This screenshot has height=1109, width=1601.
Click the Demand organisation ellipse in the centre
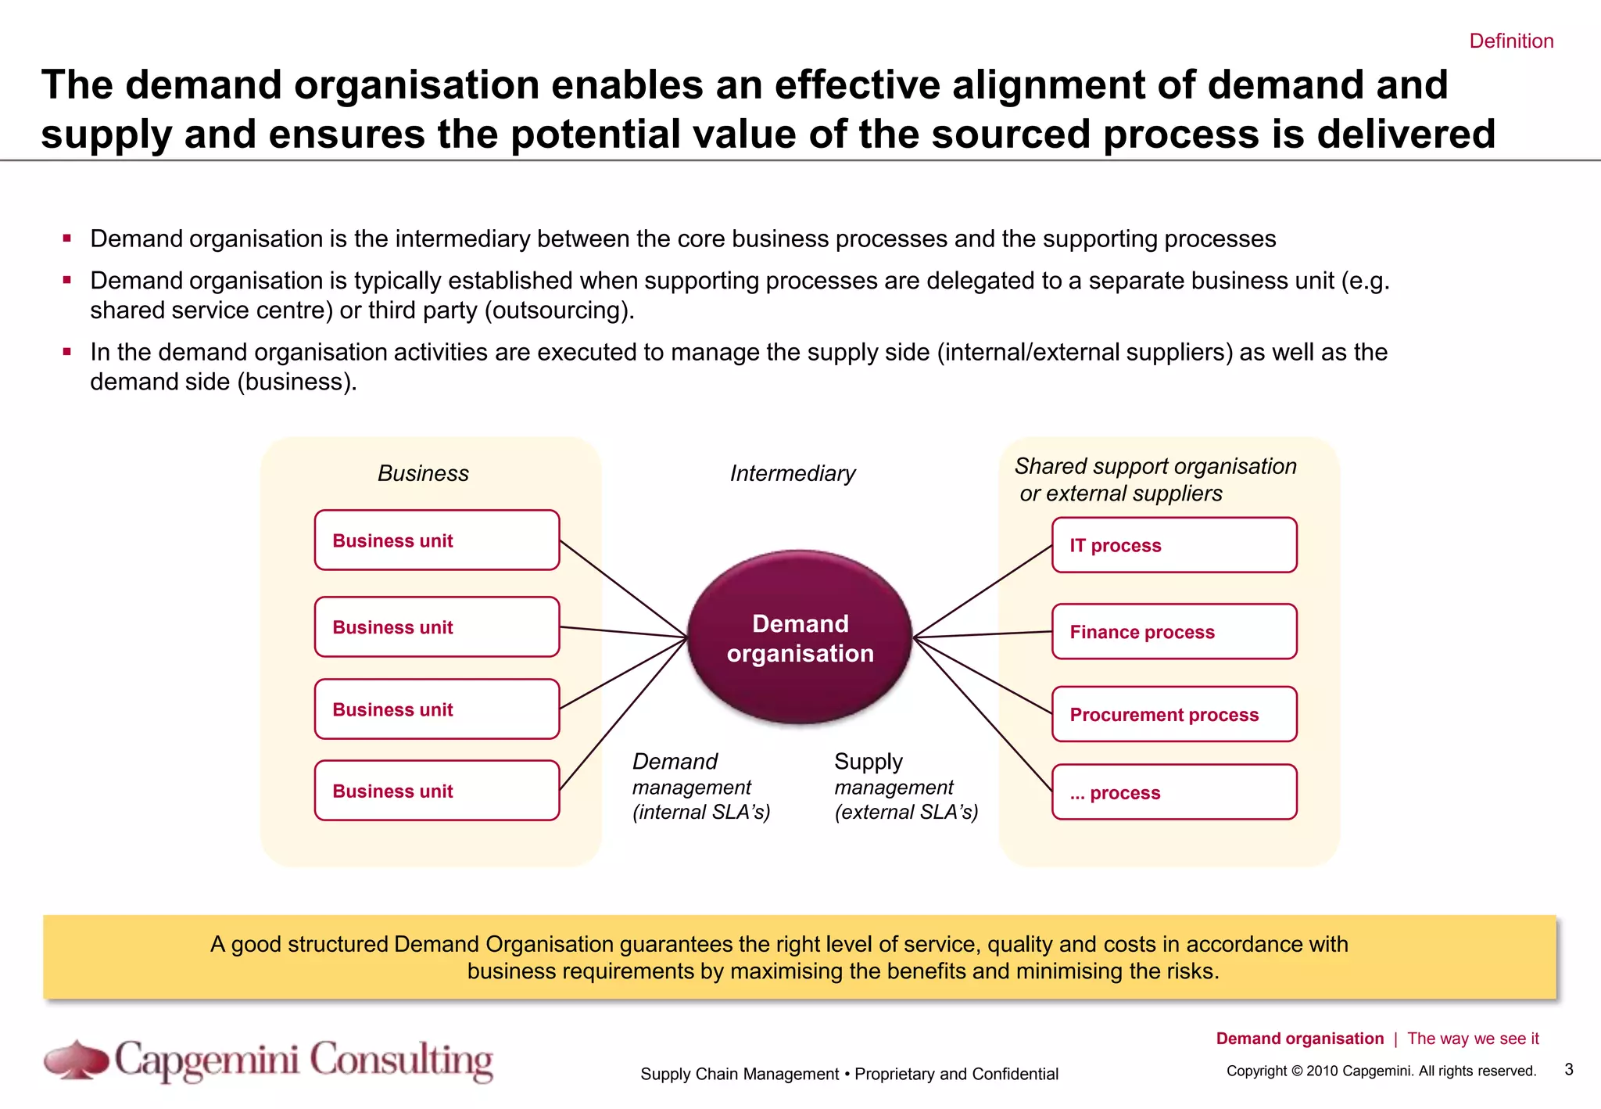point(800,637)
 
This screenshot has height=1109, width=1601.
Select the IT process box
point(1173,545)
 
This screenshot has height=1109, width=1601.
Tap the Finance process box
point(1173,631)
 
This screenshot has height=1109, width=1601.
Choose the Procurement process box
point(1173,714)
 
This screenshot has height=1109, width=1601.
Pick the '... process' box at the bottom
point(1173,792)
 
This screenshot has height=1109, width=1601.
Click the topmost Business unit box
point(436,540)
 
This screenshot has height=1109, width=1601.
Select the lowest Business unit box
point(436,791)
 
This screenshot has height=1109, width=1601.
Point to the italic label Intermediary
point(792,473)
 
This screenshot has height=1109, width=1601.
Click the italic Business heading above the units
point(423,473)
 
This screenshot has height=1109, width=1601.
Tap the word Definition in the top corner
point(1510,41)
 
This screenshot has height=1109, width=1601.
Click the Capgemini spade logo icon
point(76,1060)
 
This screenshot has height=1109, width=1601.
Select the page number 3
point(1568,1069)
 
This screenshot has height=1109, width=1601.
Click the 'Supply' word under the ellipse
point(868,761)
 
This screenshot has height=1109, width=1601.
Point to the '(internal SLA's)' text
point(701,812)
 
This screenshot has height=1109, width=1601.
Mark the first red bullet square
point(67,238)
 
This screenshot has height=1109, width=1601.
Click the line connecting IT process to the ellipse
point(983,591)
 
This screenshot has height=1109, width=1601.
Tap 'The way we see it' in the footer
point(1472,1039)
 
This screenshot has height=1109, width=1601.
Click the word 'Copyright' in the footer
point(1255,1071)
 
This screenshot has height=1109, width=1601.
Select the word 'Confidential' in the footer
point(1015,1074)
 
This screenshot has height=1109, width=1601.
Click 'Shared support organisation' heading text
point(1155,466)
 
